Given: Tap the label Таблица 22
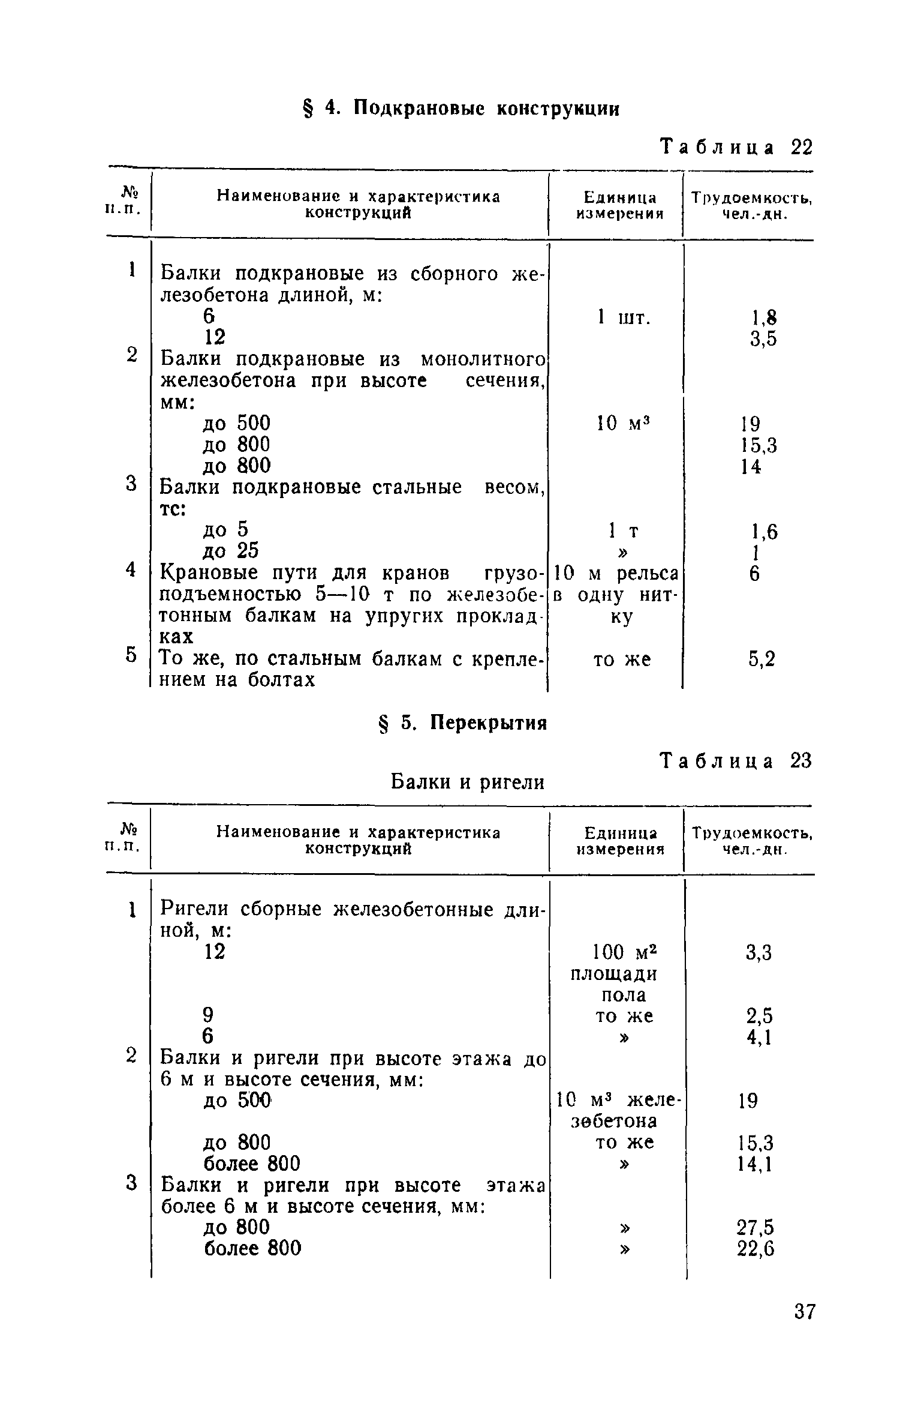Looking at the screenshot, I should [736, 147].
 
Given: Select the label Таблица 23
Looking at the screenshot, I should [736, 761].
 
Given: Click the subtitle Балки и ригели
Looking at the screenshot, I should [468, 782].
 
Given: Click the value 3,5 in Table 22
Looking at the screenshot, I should [763, 339].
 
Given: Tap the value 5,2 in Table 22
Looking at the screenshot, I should [762, 659].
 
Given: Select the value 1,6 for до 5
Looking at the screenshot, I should [765, 532].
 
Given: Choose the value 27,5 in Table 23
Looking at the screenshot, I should [756, 1227].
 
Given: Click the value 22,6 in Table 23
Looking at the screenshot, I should [756, 1249].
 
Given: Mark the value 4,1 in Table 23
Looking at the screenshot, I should [759, 1037].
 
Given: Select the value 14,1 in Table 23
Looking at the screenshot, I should [754, 1164].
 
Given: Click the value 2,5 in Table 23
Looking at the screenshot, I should [759, 1016].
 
